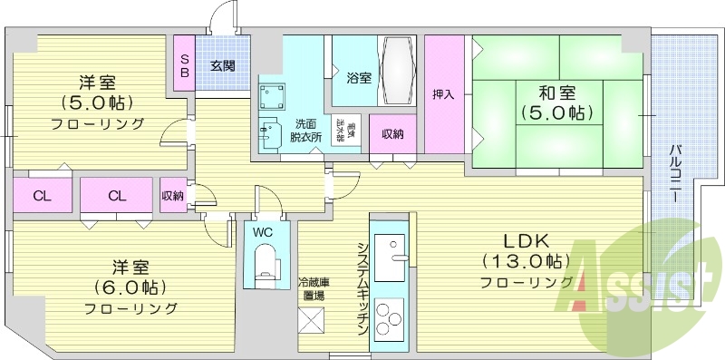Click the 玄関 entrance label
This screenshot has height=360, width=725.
point(222,65)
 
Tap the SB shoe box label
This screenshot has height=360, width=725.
point(184,65)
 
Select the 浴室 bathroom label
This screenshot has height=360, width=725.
point(358,78)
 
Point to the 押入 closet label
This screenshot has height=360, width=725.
point(442,95)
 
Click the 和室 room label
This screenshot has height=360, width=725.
point(556,92)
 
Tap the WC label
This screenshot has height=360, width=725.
point(263,231)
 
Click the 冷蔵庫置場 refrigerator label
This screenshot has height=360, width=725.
point(313,288)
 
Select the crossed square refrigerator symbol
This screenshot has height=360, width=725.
point(312,321)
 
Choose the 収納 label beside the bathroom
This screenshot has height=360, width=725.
point(392,134)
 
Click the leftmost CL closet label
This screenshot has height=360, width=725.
point(42,195)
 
